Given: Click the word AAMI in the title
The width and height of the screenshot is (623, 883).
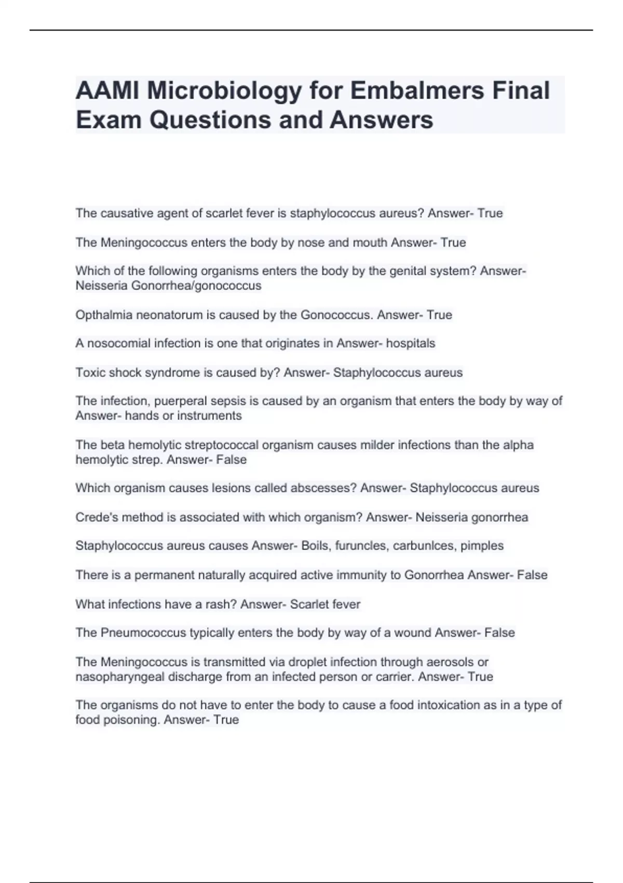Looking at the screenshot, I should [x=107, y=90].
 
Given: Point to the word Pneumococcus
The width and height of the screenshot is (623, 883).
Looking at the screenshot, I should [x=143, y=633].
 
